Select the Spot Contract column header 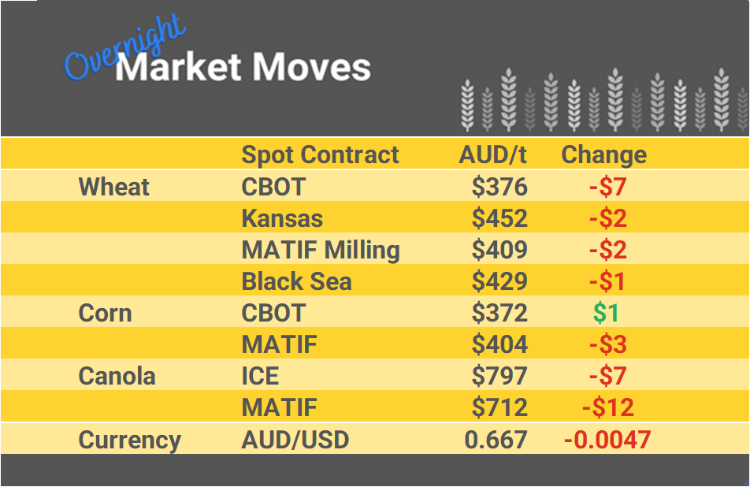tap(320, 154)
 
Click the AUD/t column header tap(492, 154)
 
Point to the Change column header tap(603, 154)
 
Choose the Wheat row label tap(114, 187)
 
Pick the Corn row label tap(105, 313)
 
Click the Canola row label tap(117, 376)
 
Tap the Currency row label tap(129, 440)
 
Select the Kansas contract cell tap(282, 218)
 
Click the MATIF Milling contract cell tap(321, 250)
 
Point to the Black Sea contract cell tap(296, 281)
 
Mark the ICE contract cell tap(260, 376)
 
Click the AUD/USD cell tap(295, 440)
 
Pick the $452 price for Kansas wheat tap(499, 218)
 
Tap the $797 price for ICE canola tap(499, 376)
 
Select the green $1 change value tap(606, 313)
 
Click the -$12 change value tap(607, 407)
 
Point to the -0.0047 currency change tap(607, 440)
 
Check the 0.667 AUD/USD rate tap(496, 440)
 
